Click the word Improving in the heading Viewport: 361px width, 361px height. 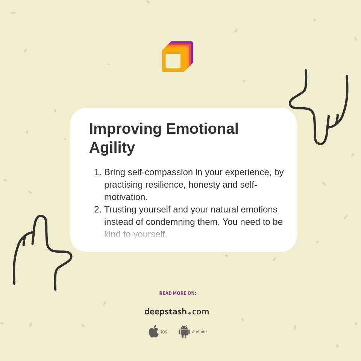tap(125, 129)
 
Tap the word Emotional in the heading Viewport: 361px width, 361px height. tap(202, 129)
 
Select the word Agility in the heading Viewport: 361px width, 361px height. tap(112, 147)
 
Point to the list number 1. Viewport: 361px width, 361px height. tap(97, 172)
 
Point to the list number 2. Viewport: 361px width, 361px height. tap(97, 209)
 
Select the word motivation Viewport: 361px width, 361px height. tap(126, 197)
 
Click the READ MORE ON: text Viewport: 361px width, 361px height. tap(177, 293)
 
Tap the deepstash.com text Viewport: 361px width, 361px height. tap(176, 312)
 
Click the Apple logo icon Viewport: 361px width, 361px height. tap(153, 332)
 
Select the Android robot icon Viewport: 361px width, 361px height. tap(184, 332)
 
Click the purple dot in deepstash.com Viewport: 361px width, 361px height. tap(190, 313)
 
